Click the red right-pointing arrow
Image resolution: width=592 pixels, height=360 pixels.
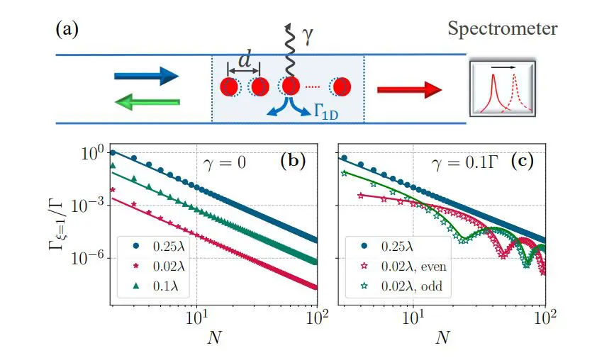click(410, 89)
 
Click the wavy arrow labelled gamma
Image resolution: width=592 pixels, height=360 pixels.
click(289, 50)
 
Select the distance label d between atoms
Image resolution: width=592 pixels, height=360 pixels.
click(245, 62)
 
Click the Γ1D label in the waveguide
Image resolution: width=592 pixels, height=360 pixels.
click(329, 113)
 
